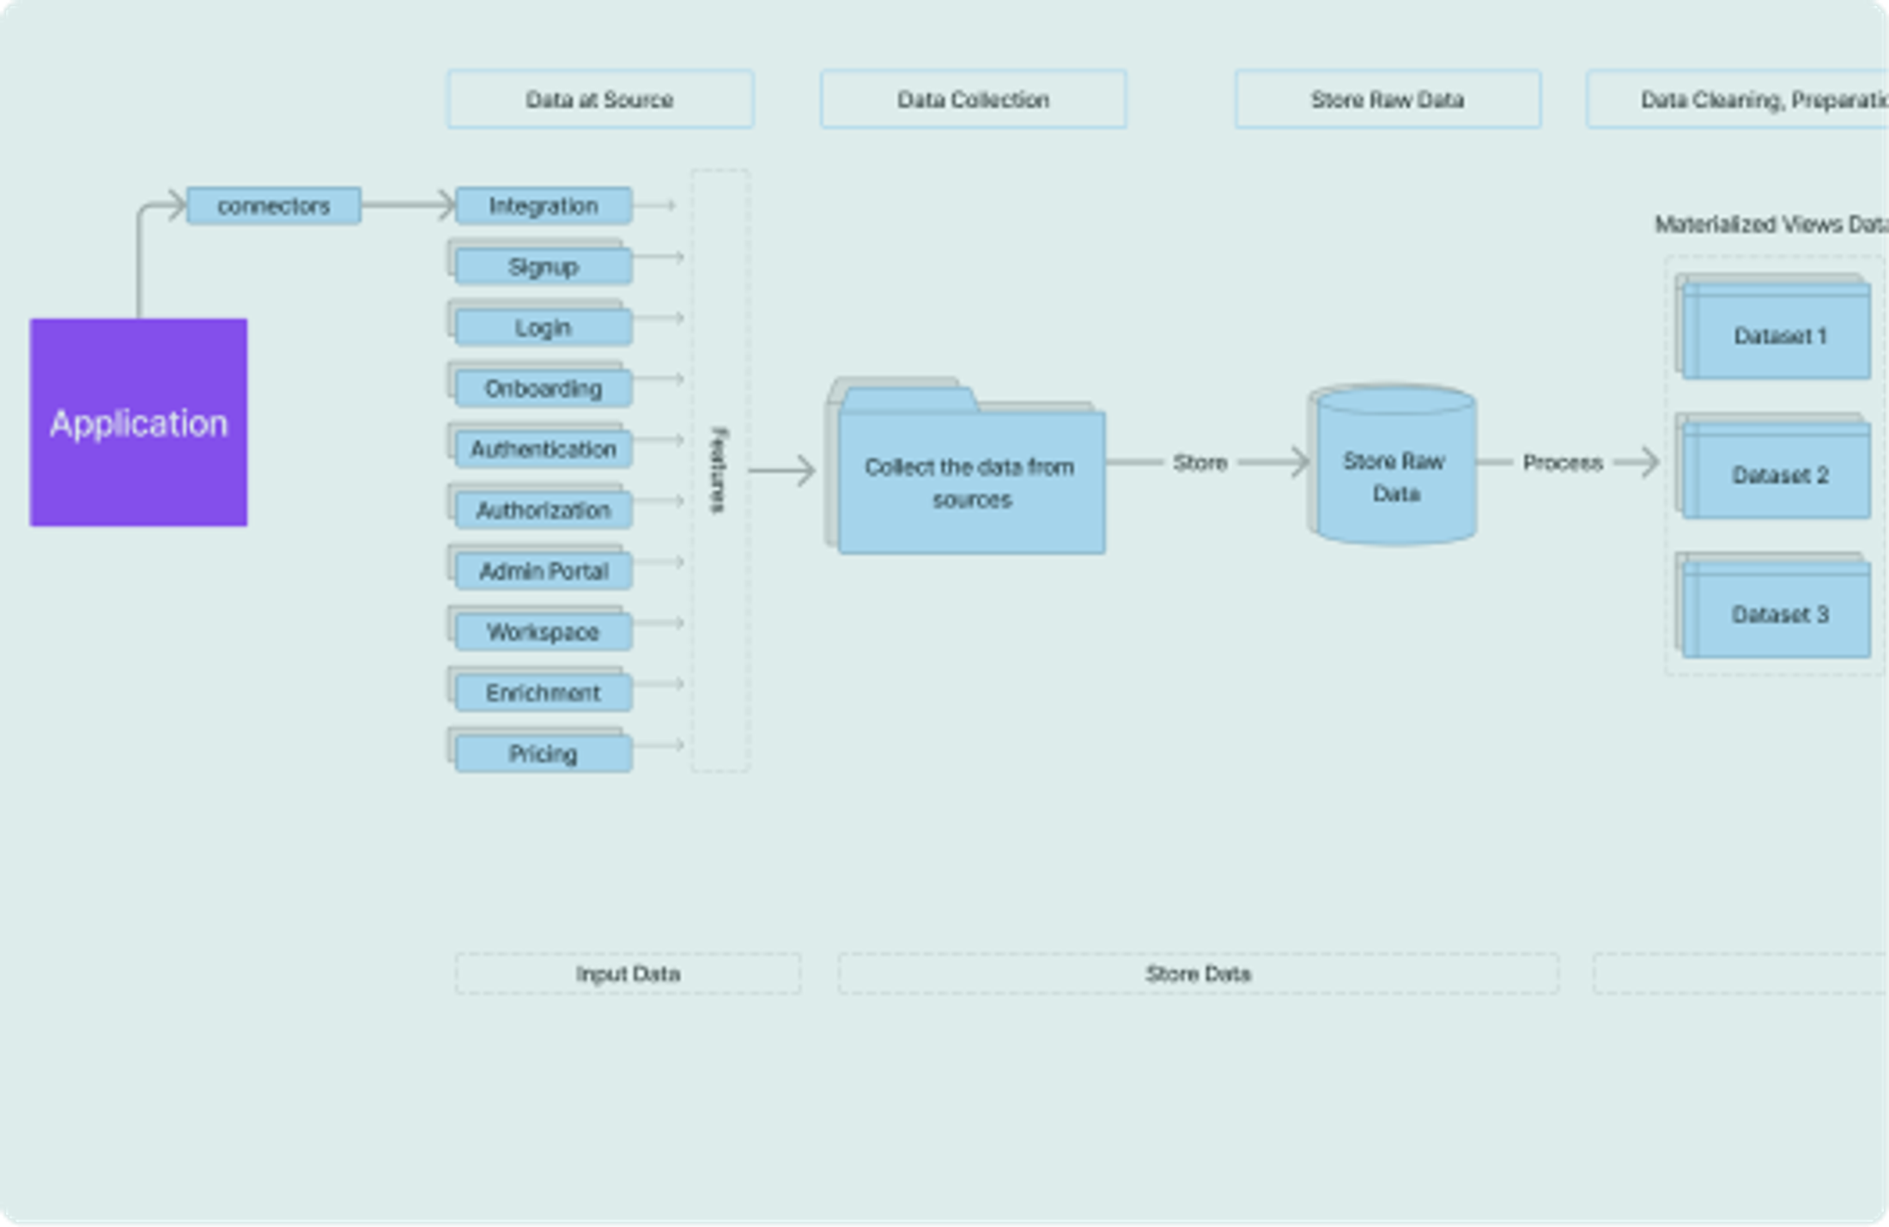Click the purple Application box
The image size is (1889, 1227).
pyautogui.click(x=138, y=422)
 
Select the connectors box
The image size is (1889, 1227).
pyautogui.click(x=273, y=206)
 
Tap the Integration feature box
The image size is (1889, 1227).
pyautogui.click(x=544, y=206)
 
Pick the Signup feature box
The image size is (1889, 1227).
pyautogui.click(x=544, y=267)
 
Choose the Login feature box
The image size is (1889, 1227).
pyautogui.click(x=544, y=328)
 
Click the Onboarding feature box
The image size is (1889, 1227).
pyautogui.click(x=544, y=389)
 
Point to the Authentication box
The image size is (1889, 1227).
pyautogui.click(x=544, y=450)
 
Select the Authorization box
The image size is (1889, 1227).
pyautogui.click(x=544, y=511)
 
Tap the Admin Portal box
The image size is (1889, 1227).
pyautogui.click(x=544, y=572)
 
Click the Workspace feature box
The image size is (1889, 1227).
pyautogui.click(x=544, y=633)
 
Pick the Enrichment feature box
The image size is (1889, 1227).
pyautogui.click(x=544, y=693)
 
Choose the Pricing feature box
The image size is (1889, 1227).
pyautogui.click(x=544, y=754)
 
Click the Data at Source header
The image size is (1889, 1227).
pyautogui.click(x=599, y=100)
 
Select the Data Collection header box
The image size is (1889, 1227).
pyautogui.click(x=973, y=100)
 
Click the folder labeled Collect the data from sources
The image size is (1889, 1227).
pyautogui.click(x=970, y=483)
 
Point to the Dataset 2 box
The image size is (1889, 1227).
pyautogui.click(x=1777, y=476)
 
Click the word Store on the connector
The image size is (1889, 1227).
pyautogui.click(x=1200, y=463)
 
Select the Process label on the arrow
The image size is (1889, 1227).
pyautogui.click(x=1563, y=463)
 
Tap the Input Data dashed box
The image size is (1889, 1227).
pyautogui.click(x=628, y=974)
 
